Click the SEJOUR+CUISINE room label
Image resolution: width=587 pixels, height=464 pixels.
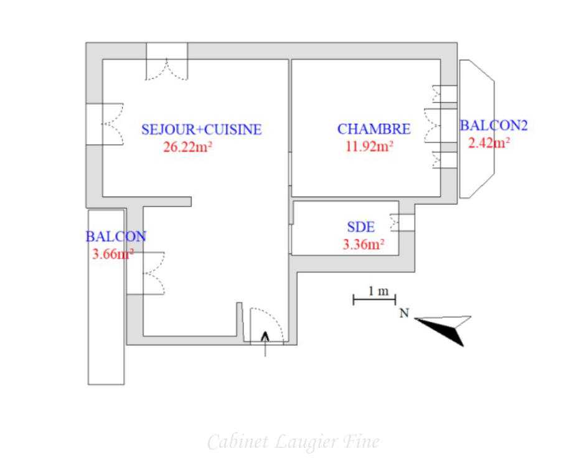coord(202,129)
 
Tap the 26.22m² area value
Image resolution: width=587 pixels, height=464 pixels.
coord(187,146)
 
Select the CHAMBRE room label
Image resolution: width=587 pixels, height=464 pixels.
coord(373,129)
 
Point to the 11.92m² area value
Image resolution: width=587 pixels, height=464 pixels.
coord(369,146)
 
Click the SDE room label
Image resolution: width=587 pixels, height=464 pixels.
coord(361,227)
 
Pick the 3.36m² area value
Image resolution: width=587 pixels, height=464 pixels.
coord(364,244)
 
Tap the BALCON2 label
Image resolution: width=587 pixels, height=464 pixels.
coord(494,126)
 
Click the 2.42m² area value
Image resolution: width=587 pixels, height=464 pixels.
coord(489,142)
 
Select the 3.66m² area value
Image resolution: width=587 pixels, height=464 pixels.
coord(113,254)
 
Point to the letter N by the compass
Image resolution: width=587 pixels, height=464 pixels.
coord(404,313)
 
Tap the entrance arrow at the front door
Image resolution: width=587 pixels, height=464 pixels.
coord(265,344)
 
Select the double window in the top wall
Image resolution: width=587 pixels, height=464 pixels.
coord(167,62)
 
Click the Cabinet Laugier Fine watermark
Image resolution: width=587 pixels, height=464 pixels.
coord(293,442)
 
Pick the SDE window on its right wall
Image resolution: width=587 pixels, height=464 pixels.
coord(403,223)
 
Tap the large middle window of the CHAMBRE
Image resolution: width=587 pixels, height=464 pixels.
coord(441,126)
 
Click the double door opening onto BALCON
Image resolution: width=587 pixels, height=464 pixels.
coord(146,273)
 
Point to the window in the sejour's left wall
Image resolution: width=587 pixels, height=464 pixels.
coord(105,124)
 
